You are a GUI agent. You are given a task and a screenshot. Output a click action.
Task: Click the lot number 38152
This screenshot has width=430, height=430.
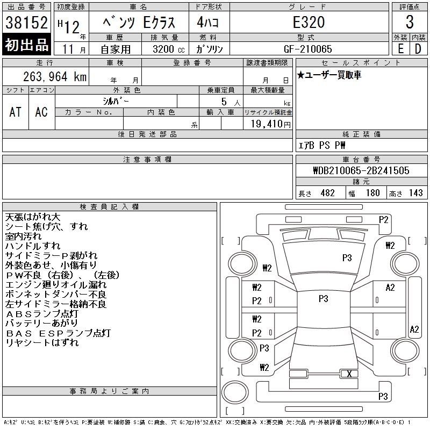[26, 22]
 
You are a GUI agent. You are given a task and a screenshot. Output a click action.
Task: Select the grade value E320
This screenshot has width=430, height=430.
[309, 22]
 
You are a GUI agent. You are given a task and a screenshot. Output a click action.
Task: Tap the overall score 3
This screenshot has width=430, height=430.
[410, 22]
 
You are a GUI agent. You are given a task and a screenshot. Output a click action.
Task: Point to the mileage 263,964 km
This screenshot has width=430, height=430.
[55, 76]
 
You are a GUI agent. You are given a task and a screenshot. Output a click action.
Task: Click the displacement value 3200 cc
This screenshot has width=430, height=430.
[169, 49]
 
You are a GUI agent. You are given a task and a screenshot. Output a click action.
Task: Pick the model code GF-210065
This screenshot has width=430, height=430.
[308, 49]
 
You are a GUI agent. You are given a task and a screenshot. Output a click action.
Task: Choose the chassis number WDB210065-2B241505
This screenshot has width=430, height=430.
[361, 170]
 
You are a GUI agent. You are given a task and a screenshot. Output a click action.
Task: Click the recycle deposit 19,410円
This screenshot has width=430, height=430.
[271, 124]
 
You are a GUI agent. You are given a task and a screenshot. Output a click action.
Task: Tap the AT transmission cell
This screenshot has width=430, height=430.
[16, 112]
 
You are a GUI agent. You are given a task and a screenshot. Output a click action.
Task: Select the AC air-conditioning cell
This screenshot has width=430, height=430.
[41, 112]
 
